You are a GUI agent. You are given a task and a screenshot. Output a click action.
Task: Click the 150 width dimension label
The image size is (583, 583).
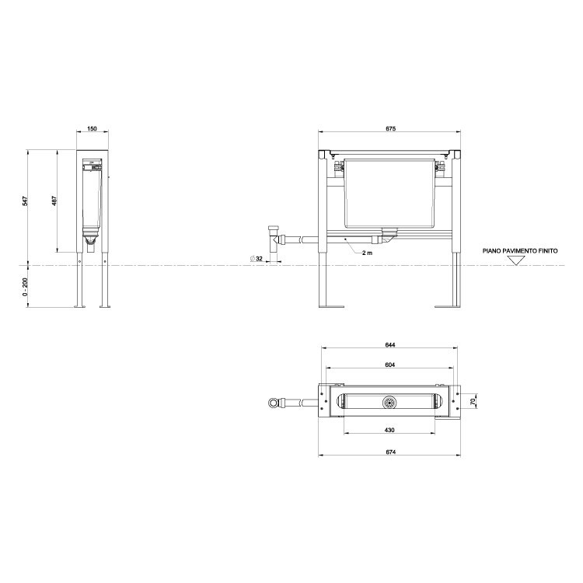coord(92,128)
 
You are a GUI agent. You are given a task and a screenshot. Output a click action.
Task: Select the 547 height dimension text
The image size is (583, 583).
coord(25,201)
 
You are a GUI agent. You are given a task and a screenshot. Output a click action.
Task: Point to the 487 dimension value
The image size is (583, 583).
coord(54,201)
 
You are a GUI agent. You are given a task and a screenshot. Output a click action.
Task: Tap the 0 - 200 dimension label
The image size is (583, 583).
coord(25,286)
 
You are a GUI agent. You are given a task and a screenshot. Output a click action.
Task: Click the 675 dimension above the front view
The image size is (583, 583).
coord(391,128)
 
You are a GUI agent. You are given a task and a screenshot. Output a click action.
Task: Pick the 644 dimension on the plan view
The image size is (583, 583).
coord(390,345)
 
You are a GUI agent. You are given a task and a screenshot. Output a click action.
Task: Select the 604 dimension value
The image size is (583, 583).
coord(390,365)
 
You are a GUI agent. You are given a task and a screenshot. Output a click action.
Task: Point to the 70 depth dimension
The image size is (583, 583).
coord(473,401)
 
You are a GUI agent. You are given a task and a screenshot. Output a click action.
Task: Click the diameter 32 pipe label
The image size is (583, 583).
coord(257,257)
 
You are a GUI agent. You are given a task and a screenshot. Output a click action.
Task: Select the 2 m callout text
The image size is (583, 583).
coord(366,253)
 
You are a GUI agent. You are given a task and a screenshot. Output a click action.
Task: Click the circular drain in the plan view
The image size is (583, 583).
coord(389,402)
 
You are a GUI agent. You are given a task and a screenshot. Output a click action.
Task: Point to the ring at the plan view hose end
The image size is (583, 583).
coord(271,402)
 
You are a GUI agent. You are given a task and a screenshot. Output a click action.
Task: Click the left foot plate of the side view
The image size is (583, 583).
coord(79,306)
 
